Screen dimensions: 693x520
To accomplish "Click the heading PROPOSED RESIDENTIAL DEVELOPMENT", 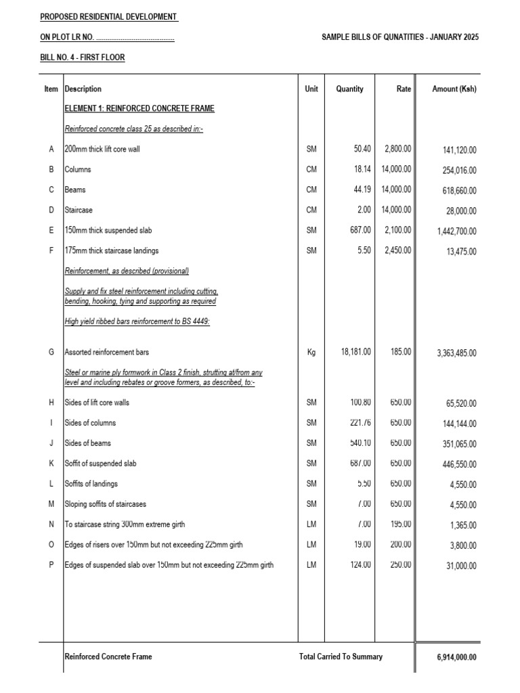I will tap(109, 16).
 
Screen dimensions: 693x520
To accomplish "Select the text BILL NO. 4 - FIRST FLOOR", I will tap(83, 58).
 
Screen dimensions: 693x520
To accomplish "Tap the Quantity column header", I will tap(349, 89).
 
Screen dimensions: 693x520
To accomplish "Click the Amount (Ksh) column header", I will tap(454, 89).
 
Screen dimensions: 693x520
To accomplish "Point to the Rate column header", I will tap(404, 89).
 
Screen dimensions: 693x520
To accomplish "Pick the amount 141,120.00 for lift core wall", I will tap(457, 150).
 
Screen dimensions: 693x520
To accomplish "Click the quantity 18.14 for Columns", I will tap(359, 169).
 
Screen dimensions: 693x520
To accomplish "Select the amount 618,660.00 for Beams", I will tap(457, 191).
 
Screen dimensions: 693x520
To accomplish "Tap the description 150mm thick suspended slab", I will tap(112, 230).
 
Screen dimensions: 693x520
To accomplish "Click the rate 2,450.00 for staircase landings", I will tap(398, 250).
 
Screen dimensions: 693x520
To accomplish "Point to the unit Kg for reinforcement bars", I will tap(311, 352).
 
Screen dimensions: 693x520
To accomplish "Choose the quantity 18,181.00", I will tap(352, 352).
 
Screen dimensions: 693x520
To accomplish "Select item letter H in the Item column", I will tap(51, 403).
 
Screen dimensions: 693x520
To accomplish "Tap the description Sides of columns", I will tap(90, 423).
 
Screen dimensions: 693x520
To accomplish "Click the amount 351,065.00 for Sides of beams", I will tap(457, 445).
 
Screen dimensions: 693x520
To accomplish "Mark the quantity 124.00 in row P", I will tap(358, 565).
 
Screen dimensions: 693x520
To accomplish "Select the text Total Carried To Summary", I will tap(341, 656).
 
